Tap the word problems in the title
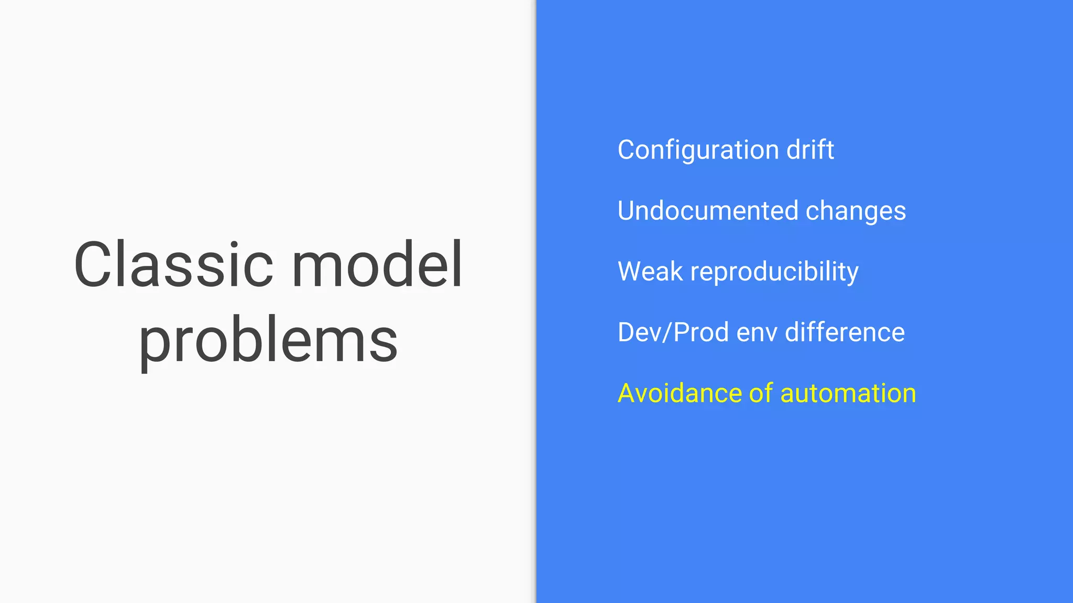point(268,341)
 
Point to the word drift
point(810,150)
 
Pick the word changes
point(856,211)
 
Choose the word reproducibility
point(774,272)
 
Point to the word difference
point(845,332)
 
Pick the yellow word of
point(761,393)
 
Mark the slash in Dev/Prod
point(667,332)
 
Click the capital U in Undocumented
point(627,210)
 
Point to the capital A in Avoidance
point(627,393)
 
